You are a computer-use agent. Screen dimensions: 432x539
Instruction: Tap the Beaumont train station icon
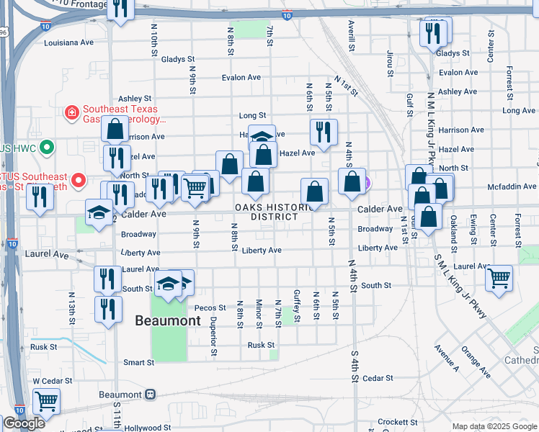(x=151, y=395)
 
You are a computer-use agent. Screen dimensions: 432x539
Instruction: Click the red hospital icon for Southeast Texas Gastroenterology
(x=72, y=112)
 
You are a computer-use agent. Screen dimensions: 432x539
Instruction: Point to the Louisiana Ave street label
(x=69, y=42)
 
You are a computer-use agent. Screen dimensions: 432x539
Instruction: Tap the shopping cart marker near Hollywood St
(x=46, y=401)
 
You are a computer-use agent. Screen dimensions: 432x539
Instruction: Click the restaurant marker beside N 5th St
(x=324, y=132)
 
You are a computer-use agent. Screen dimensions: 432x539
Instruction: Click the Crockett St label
(x=398, y=422)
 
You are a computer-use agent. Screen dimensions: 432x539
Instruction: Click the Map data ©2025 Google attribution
(x=494, y=426)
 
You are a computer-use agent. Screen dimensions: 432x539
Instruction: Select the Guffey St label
(x=296, y=305)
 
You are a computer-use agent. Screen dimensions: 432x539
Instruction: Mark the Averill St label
(x=352, y=36)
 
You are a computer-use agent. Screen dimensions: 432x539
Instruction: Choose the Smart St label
(x=139, y=362)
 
